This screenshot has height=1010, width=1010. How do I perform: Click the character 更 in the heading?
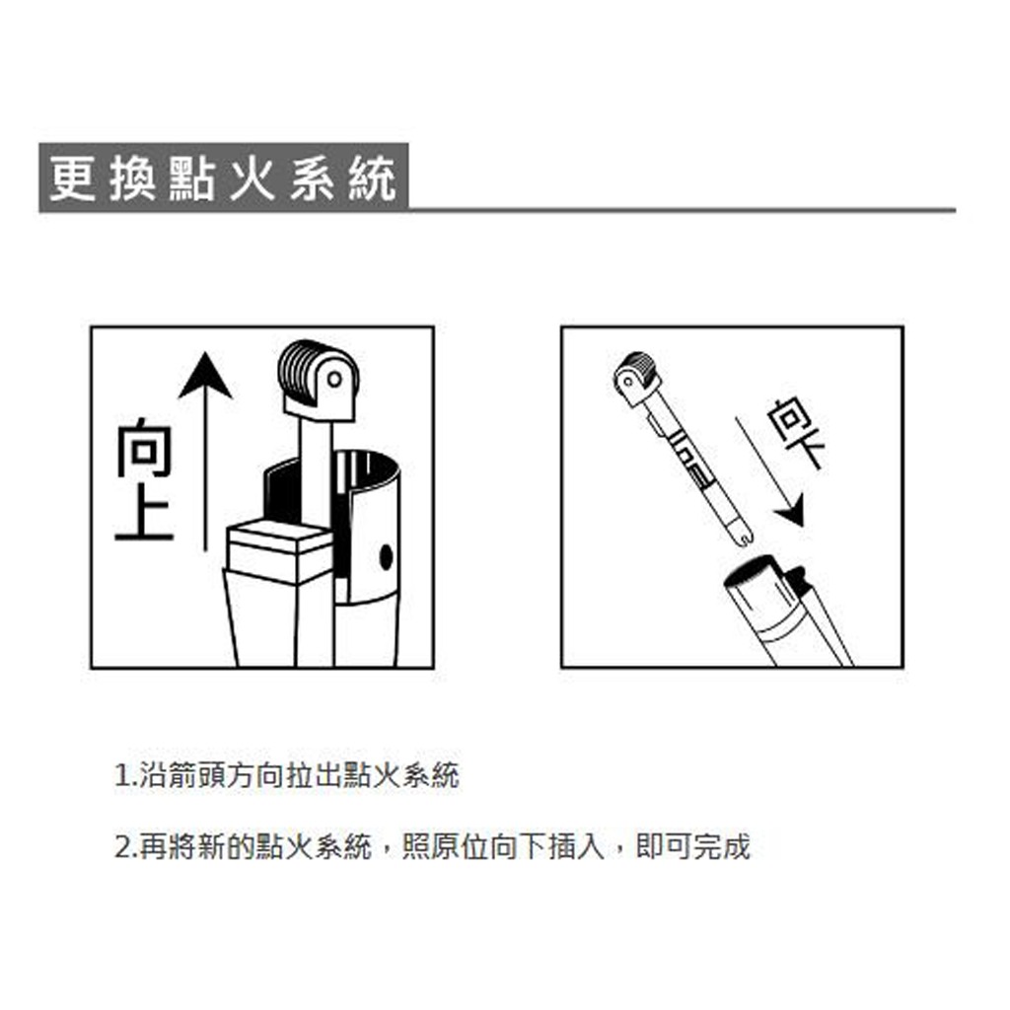pos(73,178)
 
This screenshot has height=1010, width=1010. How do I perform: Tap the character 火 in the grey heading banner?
pos(252,178)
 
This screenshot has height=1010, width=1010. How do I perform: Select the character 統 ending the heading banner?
pos(372,178)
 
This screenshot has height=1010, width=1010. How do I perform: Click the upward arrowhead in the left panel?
pos(205,375)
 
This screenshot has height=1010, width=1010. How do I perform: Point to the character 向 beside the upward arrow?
pos(145,448)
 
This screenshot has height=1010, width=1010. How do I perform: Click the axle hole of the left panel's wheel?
pos(334,380)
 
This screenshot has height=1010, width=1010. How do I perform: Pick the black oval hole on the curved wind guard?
pos(387,557)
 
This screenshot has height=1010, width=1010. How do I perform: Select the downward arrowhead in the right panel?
pos(791,510)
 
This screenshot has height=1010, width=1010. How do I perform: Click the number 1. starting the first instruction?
pos(125,775)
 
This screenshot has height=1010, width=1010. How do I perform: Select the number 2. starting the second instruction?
pos(125,846)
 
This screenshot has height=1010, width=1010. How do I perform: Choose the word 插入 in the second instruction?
pos(577,846)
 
